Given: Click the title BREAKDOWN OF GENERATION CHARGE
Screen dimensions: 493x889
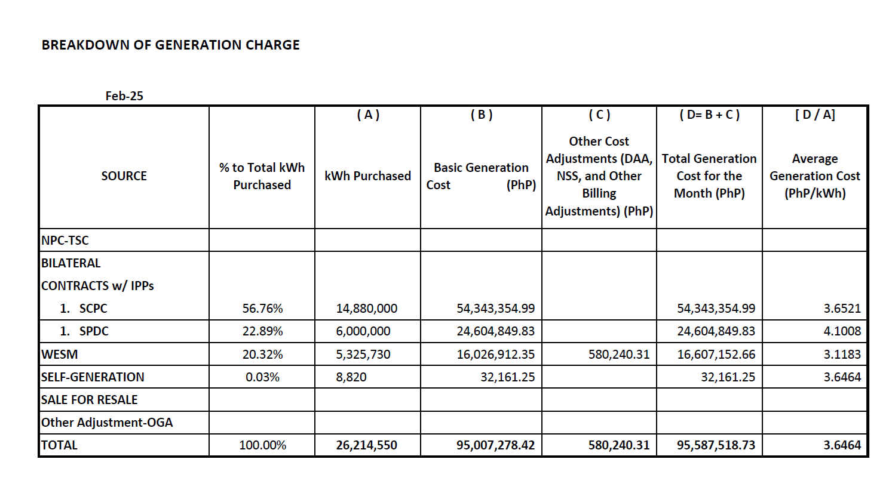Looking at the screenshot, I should [170, 45].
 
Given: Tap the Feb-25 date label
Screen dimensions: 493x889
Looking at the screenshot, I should [124, 96].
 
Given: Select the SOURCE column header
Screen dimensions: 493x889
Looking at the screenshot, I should [124, 176].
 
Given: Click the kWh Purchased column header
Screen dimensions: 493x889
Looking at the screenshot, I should [367, 176].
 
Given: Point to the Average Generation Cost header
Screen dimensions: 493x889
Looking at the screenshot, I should [814, 176].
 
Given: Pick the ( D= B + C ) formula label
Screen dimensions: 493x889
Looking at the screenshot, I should [709, 115].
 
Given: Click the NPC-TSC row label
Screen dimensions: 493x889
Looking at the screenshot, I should [65, 241].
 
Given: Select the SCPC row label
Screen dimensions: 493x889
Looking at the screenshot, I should [93, 309].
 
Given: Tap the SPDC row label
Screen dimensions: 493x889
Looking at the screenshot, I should [94, 331].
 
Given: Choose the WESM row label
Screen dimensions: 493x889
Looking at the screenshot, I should [60, 355].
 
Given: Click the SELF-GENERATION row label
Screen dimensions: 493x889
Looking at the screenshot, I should [93, 377].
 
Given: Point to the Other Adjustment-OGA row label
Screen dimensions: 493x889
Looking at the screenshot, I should [107, 423].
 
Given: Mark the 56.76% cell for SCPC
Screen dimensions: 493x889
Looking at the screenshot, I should [262, 309].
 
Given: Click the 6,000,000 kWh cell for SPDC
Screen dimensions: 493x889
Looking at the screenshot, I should [363, 331].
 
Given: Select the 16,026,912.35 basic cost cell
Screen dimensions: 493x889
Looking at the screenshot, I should [495, 355].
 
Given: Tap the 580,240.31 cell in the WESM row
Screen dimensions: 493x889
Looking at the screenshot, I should [618, 355].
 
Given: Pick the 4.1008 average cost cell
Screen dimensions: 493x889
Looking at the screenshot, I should [842, 331].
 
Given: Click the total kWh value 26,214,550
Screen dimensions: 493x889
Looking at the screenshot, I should [366, 445].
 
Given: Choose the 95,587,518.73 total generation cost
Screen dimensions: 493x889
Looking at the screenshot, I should [716, 445].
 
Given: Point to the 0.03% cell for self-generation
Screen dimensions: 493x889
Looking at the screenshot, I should [262, 377].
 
